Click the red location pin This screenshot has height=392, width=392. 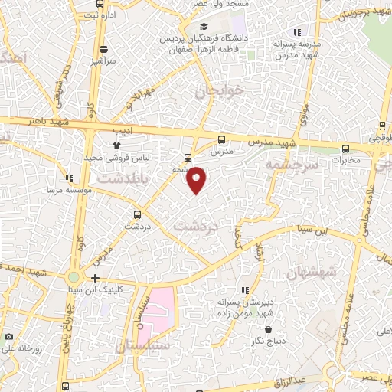pos(197,179)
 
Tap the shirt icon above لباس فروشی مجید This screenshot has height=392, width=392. pos(116,145)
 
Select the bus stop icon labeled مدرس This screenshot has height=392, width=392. pos(222,139)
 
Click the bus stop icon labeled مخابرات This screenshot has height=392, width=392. pos(346,149)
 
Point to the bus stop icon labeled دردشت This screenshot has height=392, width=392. pos(137,214)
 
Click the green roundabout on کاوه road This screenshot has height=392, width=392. pos(74,276)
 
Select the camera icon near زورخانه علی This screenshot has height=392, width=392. pos(8,336)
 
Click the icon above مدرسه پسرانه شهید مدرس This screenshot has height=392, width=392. pos(297,31)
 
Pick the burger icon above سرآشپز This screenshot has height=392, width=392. pos(96,47)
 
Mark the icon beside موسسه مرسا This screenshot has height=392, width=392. pos(69,178)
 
